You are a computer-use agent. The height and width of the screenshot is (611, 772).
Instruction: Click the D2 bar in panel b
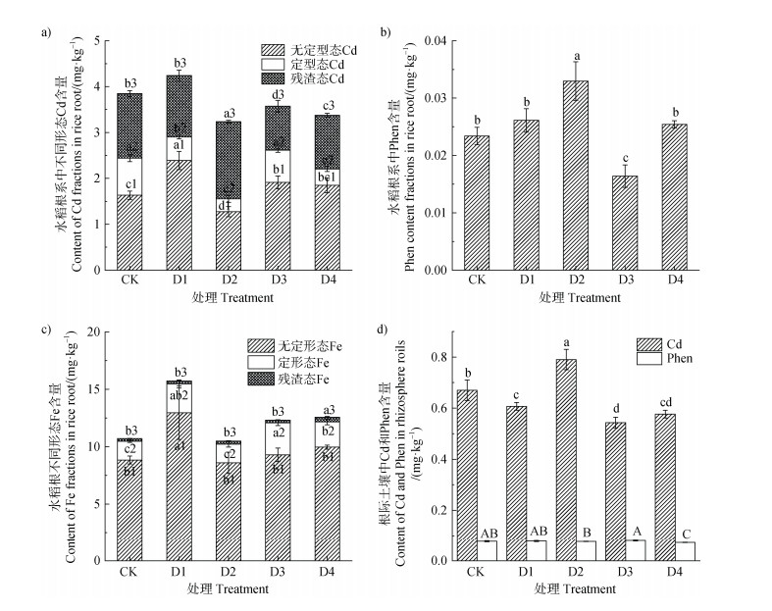coord(578,175)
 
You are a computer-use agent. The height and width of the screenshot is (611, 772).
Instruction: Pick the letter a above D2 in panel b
coord(578,57)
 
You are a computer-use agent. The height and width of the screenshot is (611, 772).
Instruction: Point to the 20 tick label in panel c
coord(93,332)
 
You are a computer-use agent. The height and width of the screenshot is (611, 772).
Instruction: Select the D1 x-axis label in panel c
coord(179,571)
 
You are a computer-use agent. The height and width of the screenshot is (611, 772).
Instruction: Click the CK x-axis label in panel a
coord(129,281)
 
